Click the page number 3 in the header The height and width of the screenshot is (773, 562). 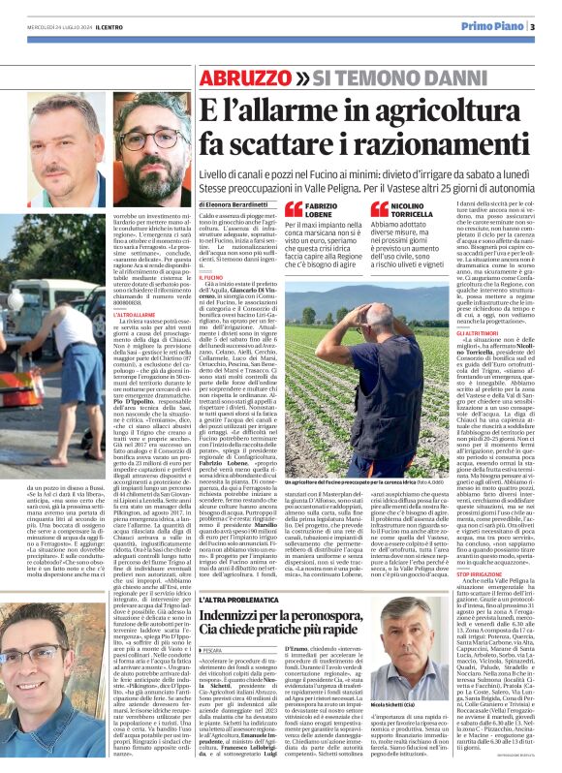point(532,26)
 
